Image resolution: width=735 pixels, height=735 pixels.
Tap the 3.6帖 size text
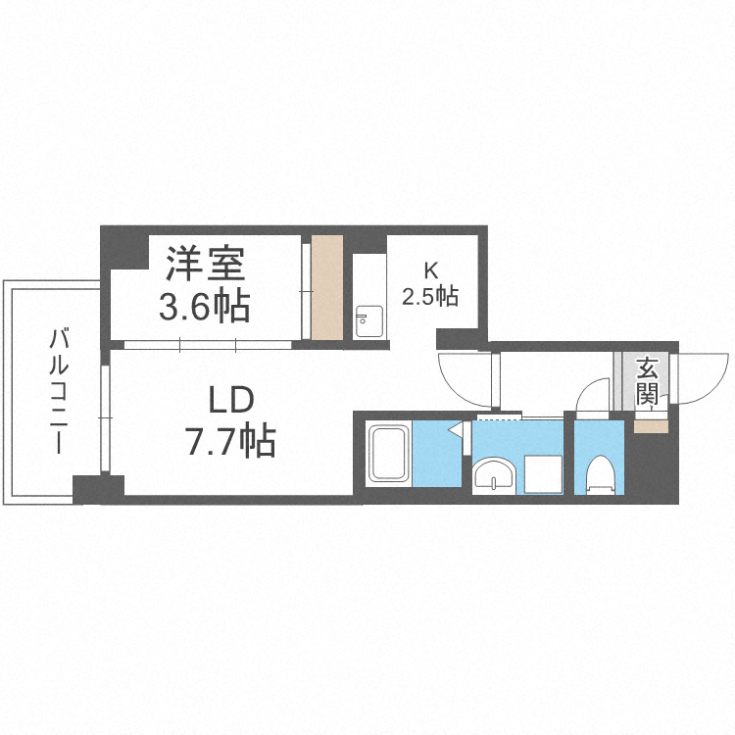205,307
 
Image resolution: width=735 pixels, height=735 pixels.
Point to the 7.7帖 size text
231,442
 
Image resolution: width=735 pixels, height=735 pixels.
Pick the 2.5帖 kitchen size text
430,295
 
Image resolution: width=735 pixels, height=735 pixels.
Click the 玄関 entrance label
647,382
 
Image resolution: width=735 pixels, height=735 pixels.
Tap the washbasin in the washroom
494,477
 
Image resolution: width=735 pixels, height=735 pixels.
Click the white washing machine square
543,474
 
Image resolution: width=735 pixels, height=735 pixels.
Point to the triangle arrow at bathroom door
456,429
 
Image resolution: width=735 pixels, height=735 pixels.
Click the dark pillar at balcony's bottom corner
98,488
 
